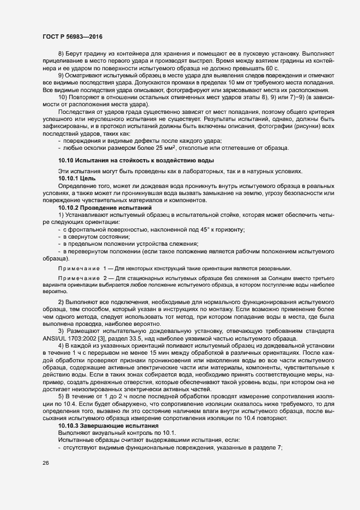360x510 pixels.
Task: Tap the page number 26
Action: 45,463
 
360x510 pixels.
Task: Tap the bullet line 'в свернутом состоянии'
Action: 96,236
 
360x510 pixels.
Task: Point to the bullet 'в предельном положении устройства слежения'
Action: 131,244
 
